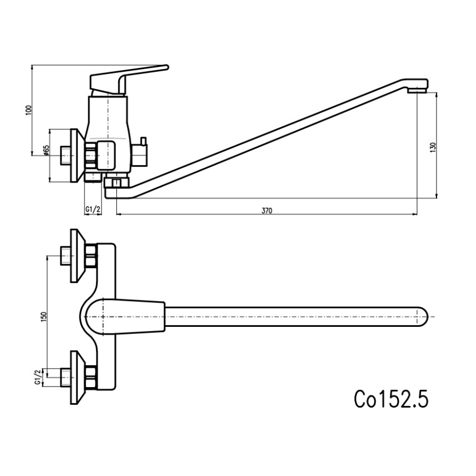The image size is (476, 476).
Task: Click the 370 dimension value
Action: (267, 210)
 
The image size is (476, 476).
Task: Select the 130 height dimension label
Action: (433, 147)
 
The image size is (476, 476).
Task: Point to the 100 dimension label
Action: (29, 110)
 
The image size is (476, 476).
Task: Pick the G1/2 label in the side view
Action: (93, 209)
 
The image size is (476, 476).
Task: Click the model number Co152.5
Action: (390, 399)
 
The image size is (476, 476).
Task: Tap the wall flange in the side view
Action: (76, 155)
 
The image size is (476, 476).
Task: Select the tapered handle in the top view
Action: (134, 316)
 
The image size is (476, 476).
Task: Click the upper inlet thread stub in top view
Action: (65, 256)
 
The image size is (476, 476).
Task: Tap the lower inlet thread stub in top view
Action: (65, 377)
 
